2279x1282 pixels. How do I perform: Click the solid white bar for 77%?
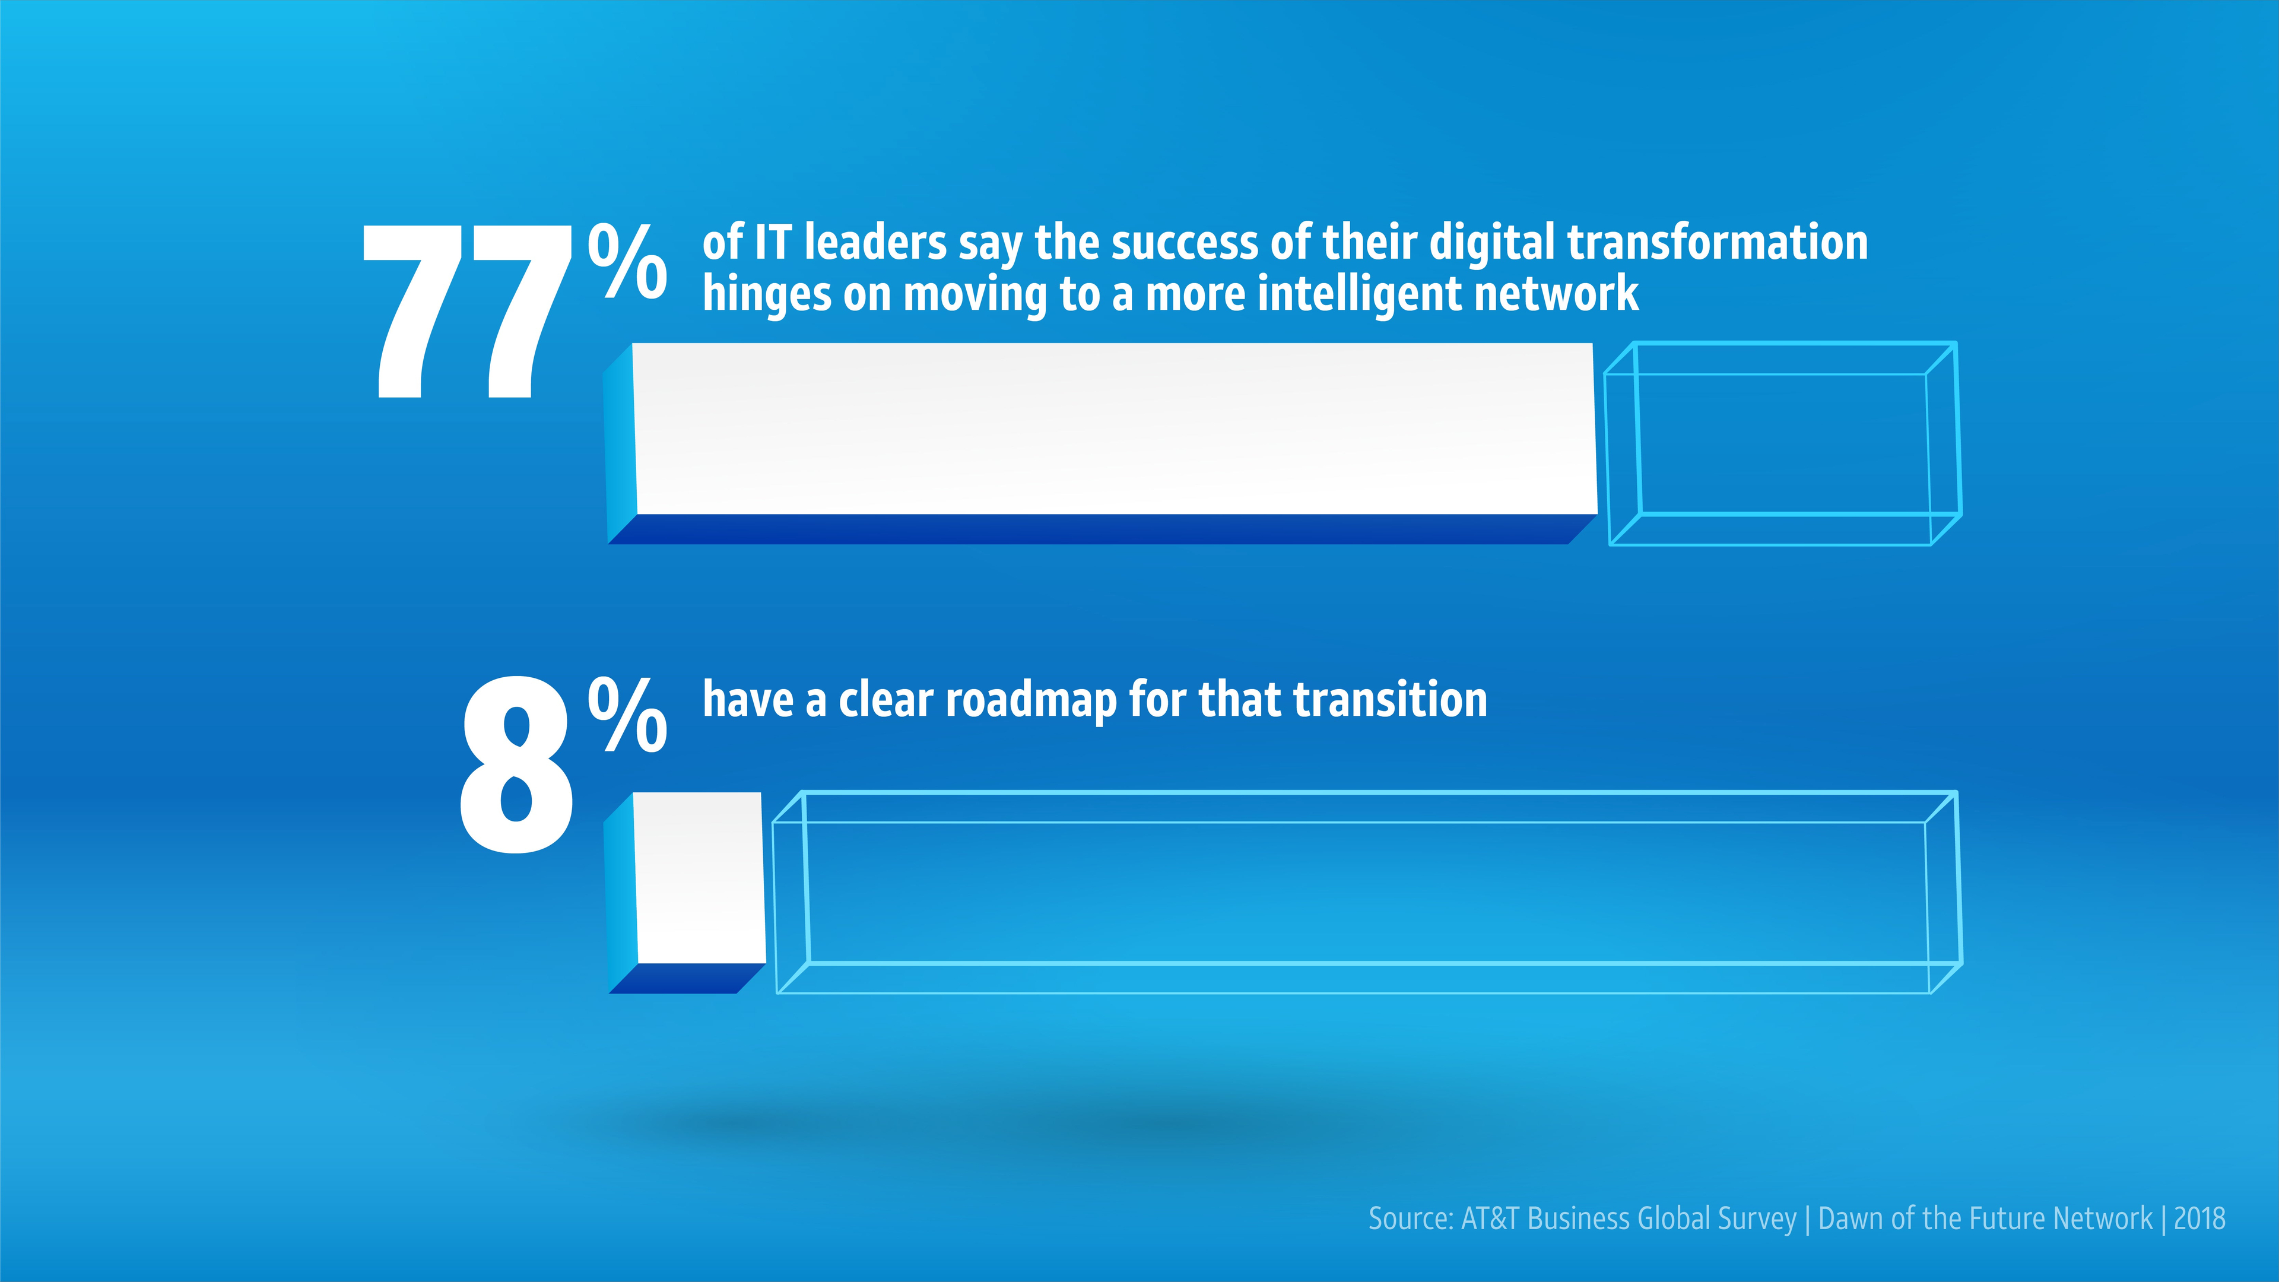pyautogui.click(x=1102, y=442)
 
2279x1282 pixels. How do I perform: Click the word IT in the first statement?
pyautogui.click(x=773, y=243)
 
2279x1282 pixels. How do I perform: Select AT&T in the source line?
pyautogui.click(x=1490, y=1218)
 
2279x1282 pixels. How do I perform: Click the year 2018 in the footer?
pyautogui.click(x=2199, y=1218)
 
